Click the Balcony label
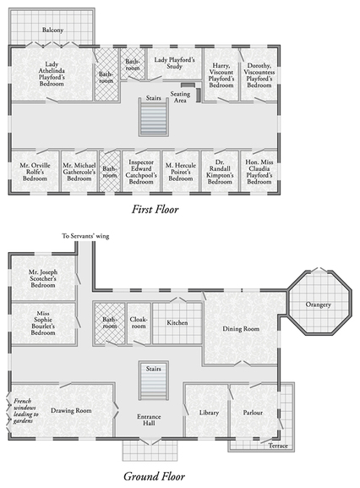[52, 30]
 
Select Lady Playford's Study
[174, 63]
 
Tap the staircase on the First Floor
[154, 117]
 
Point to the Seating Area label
[180, 97]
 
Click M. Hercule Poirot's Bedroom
[181, 172]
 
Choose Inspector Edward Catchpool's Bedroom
[141, 172]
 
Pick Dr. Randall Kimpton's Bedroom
[220, 172]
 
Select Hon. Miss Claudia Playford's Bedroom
[259, 172]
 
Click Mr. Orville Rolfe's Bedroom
[35, 172]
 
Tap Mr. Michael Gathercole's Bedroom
[79, 172]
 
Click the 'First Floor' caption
[155, 209]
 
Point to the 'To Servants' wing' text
[85, 236]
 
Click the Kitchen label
[177, 323]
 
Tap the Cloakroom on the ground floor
[139, 323]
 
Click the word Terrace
[278, 446]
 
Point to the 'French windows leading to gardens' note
[25, 411]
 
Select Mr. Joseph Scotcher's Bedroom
[43, 278]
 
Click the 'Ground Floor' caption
[154, 476]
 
